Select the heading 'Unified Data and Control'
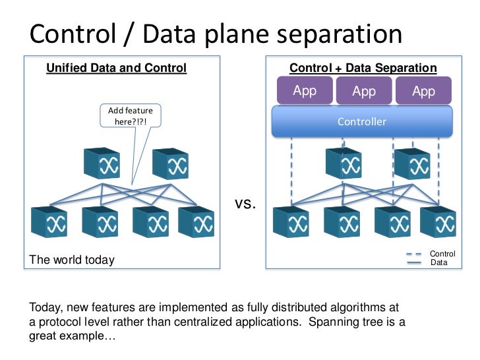116,68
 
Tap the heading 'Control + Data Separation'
363,68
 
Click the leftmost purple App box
305,91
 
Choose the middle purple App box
363,91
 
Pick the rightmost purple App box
423,91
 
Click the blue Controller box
362,121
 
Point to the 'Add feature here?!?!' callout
130,117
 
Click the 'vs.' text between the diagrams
245,204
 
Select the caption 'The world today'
72,260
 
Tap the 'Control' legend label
442,254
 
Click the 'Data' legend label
438,262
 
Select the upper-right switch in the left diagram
170,164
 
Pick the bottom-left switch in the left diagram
49,222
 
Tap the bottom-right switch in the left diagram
196,222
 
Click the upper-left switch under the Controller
343,164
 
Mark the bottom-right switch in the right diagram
438,222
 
